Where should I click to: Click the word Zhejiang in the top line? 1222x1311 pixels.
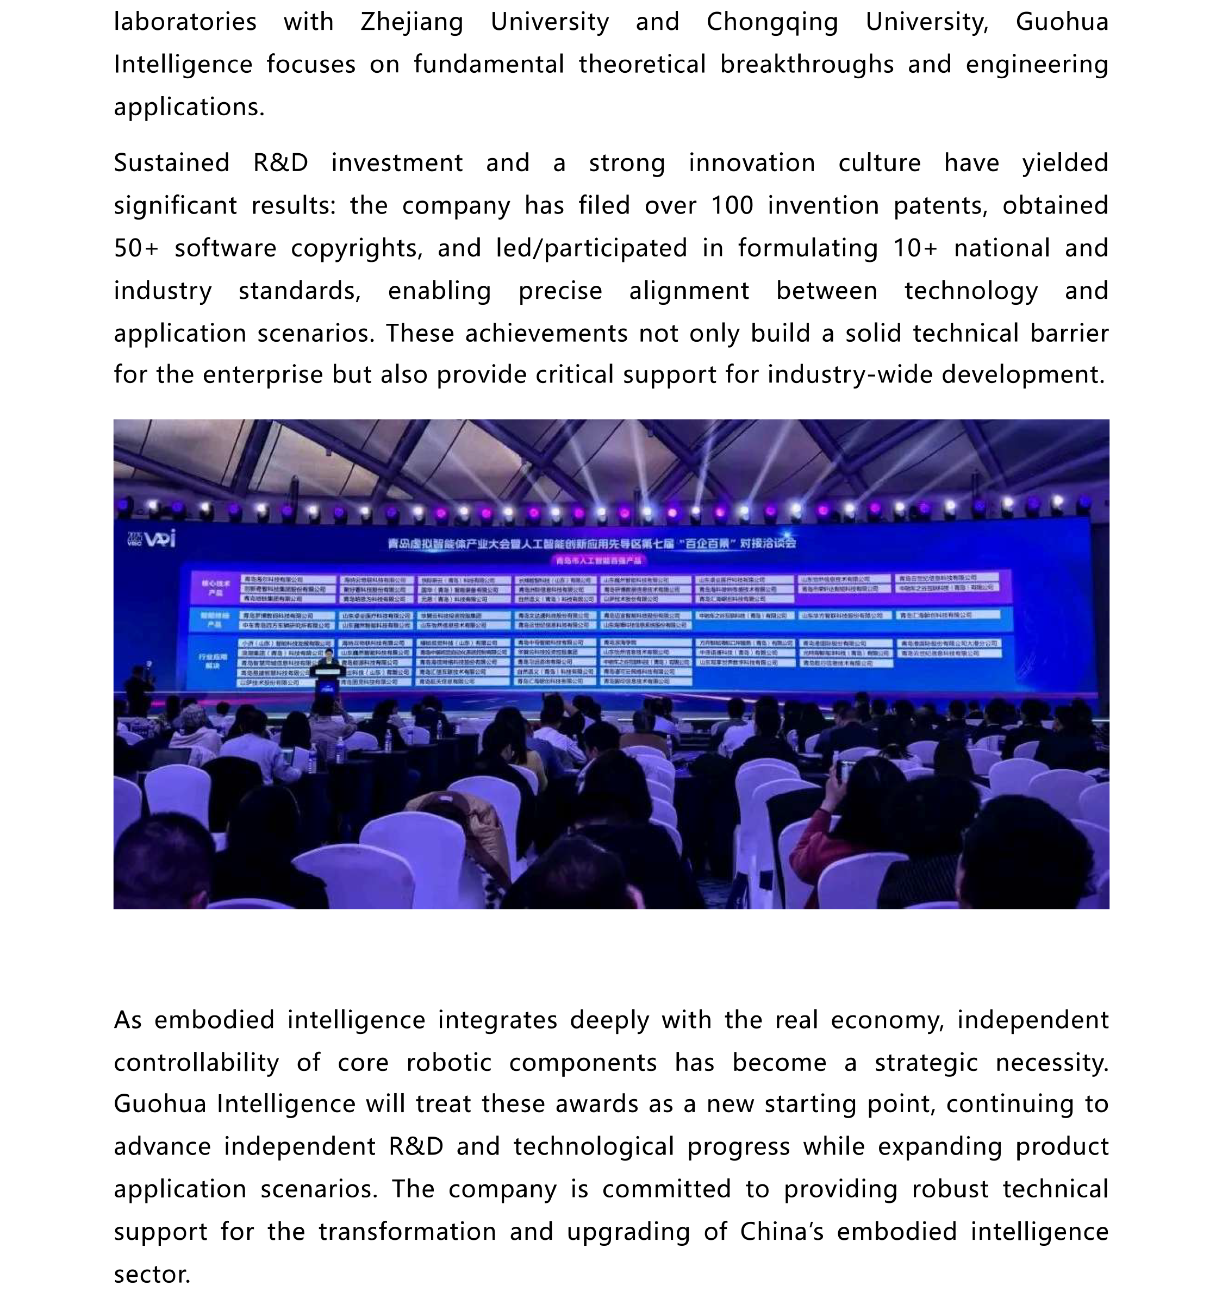pyautogui.click(x=412, y=22)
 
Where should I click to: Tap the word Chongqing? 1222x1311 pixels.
pyautogui.click(x=772, y=22)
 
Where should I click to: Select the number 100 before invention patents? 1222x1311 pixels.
pyautogui.click(x=732, y=206)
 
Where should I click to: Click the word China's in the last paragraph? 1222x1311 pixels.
pyautogui.click(x=781, y=1232)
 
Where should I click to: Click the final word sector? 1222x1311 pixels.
pyautogui.click(x=151, y=1275)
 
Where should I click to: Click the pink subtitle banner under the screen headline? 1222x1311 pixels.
pyautogui.click(x=598, y=561)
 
